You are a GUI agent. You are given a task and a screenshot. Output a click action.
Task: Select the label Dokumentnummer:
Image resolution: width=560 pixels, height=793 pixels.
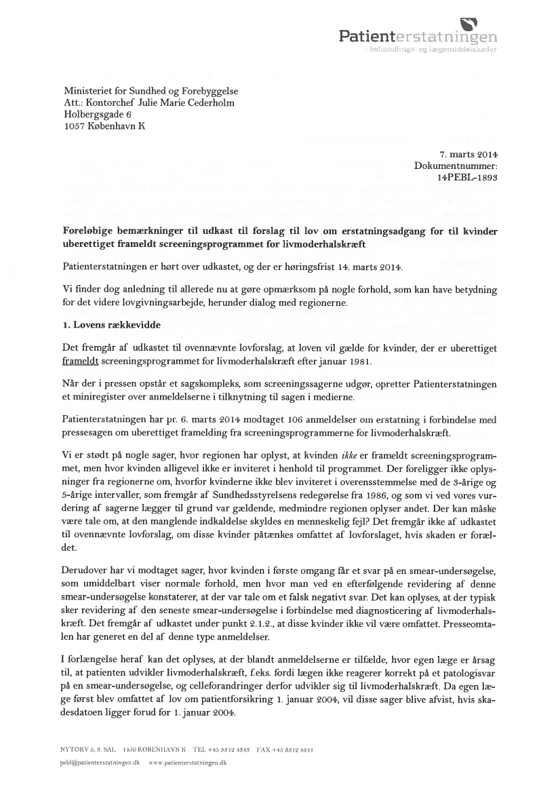(456, 166)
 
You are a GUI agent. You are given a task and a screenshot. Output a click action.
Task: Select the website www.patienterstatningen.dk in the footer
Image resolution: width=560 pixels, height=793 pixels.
(187, 762)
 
